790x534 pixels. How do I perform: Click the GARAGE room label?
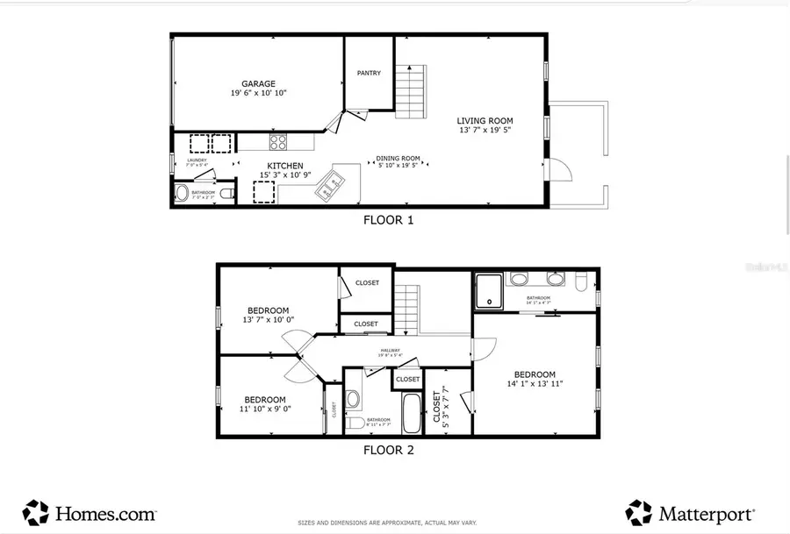click(259, 84)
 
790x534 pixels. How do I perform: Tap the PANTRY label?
click(369, 73)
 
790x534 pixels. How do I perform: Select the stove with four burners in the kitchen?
click(278, 141)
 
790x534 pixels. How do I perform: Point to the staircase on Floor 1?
click(411, 91)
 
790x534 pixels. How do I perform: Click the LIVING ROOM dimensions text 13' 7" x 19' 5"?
click(485, 131)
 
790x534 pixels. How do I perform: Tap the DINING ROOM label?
click(399, 159)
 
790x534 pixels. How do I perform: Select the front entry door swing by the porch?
click(560, 168)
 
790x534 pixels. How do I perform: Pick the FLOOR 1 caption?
click(388, 220)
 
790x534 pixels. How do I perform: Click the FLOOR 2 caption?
click(388, 451)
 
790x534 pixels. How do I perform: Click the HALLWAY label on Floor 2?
click(390, 351)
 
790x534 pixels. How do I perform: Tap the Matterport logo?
click(689, 512)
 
